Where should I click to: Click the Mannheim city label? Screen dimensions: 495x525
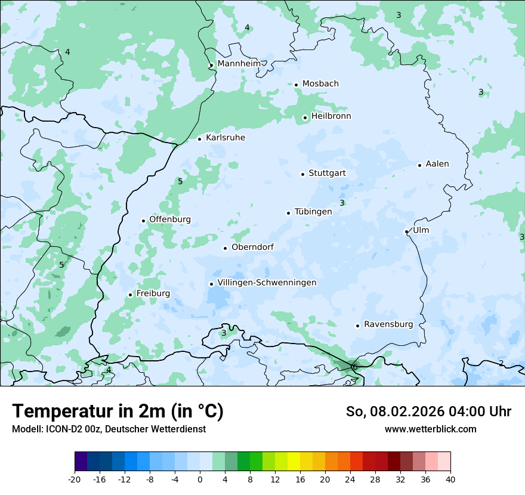[x=239, y=63]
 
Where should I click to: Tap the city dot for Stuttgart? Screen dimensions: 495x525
[x=302, y=174]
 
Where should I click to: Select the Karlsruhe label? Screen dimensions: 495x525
[x=225, y=138]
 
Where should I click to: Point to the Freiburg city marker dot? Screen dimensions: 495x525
[x=130, y=295]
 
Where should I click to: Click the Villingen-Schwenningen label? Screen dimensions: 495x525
[x=267, y=283]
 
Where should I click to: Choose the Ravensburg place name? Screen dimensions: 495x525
[x=388, y=324]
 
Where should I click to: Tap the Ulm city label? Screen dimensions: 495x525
[x=421, y=230]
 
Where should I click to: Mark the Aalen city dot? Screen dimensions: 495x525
[x=419, y=165]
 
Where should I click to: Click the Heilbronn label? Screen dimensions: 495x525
[x=331, y=116]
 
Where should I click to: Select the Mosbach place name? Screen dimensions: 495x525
[x=320, y=84]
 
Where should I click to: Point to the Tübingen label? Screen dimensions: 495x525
[x=313, y=212]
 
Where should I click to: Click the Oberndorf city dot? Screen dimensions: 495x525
[x=225, y=248]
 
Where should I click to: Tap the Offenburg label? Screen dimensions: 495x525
[x=169, y=219]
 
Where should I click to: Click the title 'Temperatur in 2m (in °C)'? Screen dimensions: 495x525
[x=118, y=411]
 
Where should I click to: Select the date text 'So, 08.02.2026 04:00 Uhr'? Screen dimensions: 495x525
[x=428, y=412]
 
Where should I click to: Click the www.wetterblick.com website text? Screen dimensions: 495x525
[x=430, y=429]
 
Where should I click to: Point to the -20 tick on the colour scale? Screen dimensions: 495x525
[x=75, y=479]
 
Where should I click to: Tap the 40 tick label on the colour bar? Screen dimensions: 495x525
[x=450, y=479]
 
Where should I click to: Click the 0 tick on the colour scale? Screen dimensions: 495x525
[x=200, y=479]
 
